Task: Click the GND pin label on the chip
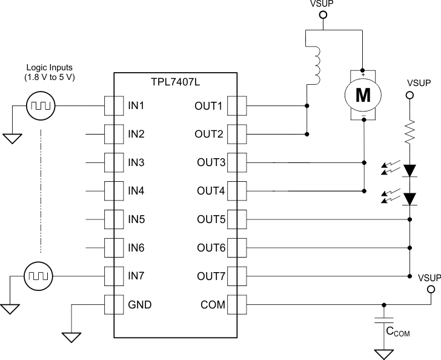click(x=139, y=304)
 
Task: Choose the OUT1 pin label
click(x=210, y=106)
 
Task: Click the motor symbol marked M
click(x=362, y=94)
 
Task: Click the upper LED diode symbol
click(x=410, y=170)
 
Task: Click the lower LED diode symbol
click(x=410, y=198)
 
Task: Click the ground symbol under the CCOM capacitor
click(x=382, y=353)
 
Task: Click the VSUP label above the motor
click(x=322, y=4)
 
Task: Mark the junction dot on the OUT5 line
click(x=410, y=219)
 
